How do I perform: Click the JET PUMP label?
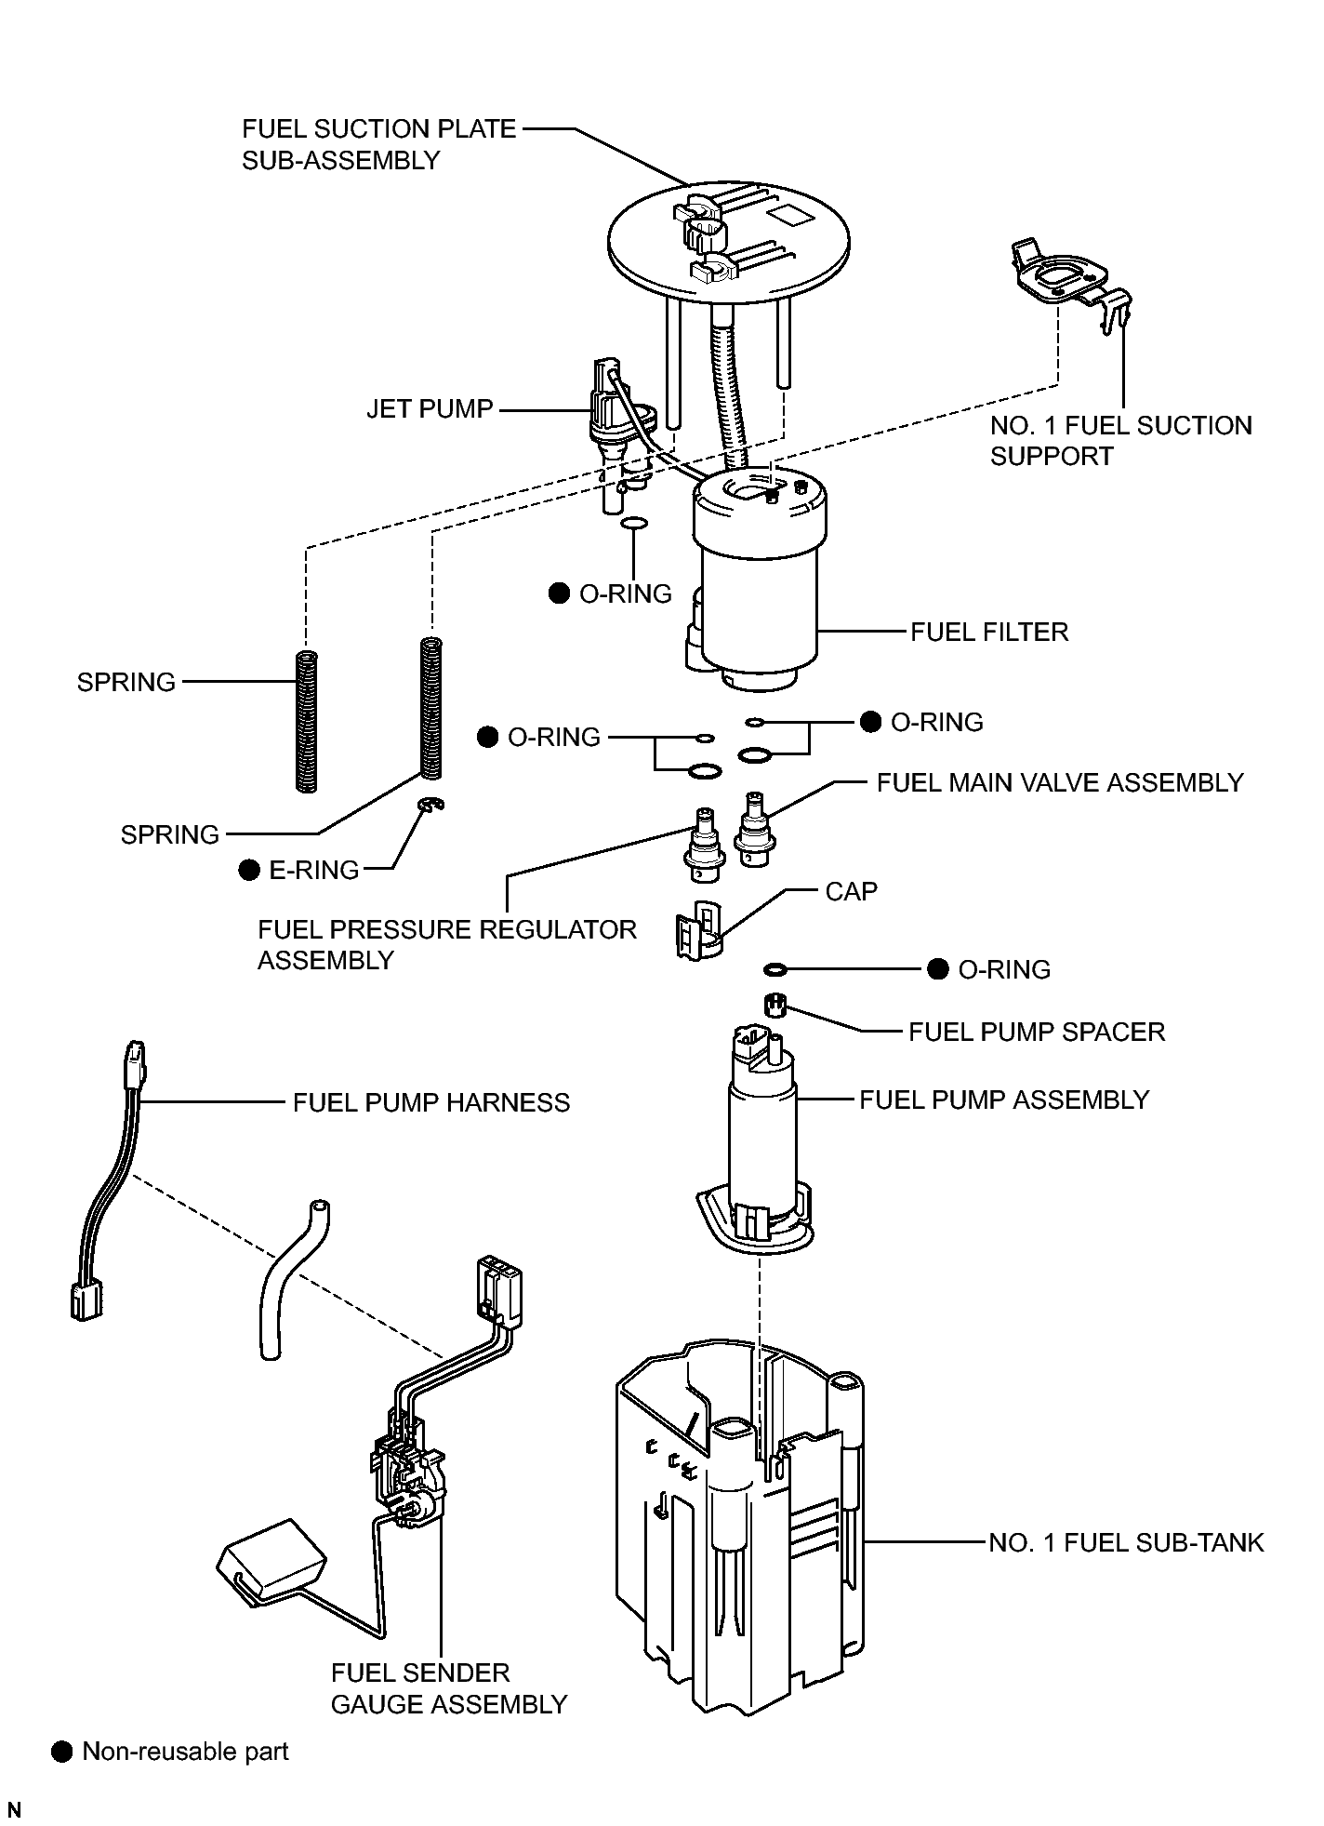coord(430,409)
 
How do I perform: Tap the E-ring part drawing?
coord(431,806)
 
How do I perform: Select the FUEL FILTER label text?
coord(989,633)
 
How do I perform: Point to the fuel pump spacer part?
coord(775,1005)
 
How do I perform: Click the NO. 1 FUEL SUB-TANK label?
coord(1126,1543)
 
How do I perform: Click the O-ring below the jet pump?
coord(632,526)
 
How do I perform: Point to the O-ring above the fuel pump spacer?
coord(775,970)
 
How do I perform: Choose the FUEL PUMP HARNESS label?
coord(431,1102)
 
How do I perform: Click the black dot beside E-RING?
coord(248,870)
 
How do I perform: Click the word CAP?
coord(851,891)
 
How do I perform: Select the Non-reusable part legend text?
coord(186,1752)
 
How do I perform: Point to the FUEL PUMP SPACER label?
coord(1037,1032)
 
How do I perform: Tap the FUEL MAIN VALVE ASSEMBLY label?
coord(1060,782)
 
